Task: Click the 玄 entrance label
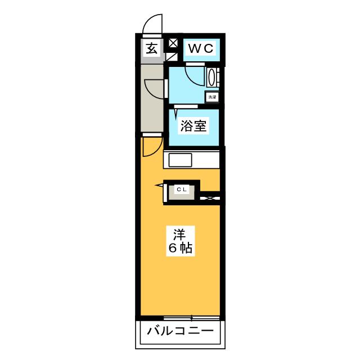pyautogui.click(x=151, y=48)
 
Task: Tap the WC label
pyautogui.click(x=201, y=48)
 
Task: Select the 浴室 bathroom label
pyautogui.click(x=193, y=125)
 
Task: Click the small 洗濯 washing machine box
pyautogui.click(x=212, y=97)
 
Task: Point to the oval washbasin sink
pyautogui.click(x=211, y=78)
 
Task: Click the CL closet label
pyautogui.click(x=182, y=190)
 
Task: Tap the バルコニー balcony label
pyautogui.click(x=180, y=331)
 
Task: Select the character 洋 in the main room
pyautogui.click(x=179, y=235)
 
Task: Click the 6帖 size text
pyautogui.click(x=181, y=247)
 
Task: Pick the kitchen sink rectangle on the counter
pyautogui.click(x=180, y=160)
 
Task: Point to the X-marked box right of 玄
pyautogui.click(x=173, y=43)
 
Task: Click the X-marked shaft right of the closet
pyautogui.click(x=210, y=198)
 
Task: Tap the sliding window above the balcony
pyautogui.click(x=191, y=318)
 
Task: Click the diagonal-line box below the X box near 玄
pyautogui.click(x=172, y=57)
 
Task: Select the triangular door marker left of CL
pyautogui.click(x=160, y=185)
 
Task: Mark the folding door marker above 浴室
pyautogui.click(x=176, y=112)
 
